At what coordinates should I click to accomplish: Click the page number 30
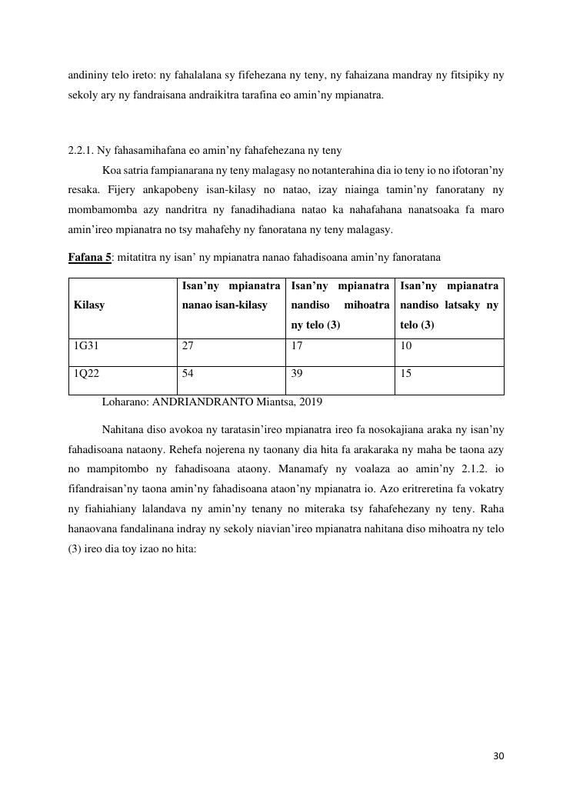(498, 756)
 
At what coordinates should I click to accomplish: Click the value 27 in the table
(188, 346)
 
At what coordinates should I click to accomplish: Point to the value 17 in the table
(297, 346)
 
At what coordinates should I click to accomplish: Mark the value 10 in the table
(406, 346)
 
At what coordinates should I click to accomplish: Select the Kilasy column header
(89, 305)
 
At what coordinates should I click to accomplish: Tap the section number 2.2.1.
(81, 150)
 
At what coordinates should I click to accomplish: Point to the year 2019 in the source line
(310, 402)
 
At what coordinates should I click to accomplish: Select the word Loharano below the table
(123, 402)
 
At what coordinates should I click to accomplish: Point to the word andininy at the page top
(87, 76)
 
